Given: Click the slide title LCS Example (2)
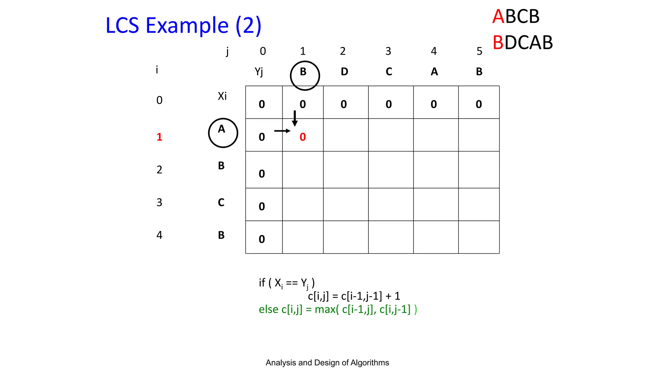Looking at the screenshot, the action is point(183,26).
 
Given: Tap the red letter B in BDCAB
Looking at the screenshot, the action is point(498,42).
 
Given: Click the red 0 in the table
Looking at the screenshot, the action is point(303,137).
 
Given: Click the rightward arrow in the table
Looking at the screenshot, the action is point(282,131).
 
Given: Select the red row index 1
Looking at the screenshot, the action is point(159,137).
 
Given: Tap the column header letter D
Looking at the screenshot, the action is point(344,72).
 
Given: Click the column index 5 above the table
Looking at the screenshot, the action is point(479,51).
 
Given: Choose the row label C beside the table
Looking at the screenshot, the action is point(221,203).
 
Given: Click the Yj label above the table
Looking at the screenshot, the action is point(259,72).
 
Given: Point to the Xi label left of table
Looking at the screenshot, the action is point(222,96).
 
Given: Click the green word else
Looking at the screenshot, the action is point(268,309).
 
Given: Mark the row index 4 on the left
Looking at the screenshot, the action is point(159,235).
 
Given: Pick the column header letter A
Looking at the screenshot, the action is point(434,72).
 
